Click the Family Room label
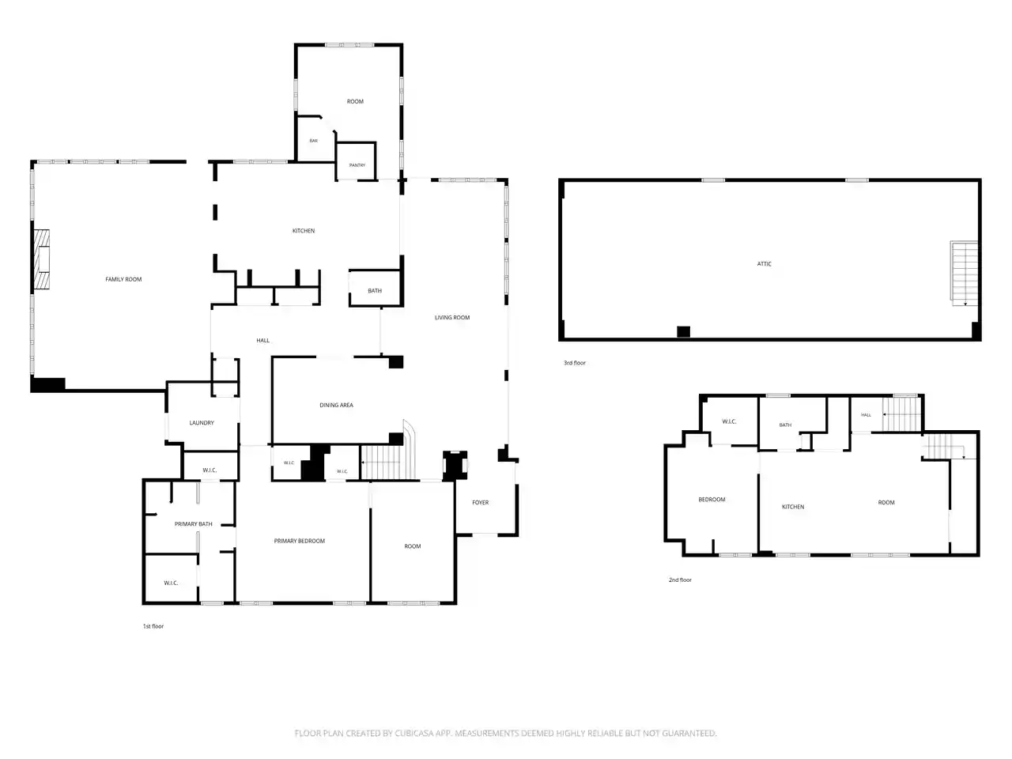coord(123,279)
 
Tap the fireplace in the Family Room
coord(41,259)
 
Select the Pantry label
coord(357,165)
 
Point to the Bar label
coord(314,141)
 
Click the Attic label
coord(764,263)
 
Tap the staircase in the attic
coord(964,273)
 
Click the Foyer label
coord(480,502)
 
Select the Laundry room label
coord(202,422)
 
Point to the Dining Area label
coord(336,405)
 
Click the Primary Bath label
coord(193,524)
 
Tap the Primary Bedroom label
coord(299,541)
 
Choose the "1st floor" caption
coord(153,626)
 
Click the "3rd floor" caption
coord(575,363)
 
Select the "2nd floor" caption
coord(680,580)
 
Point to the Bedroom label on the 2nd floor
coord(712,500)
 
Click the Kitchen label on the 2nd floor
coord(793,507)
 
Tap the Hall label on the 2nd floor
coord(866,415)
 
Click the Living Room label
coord(451,318)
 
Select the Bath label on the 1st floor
coord(375,291)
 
